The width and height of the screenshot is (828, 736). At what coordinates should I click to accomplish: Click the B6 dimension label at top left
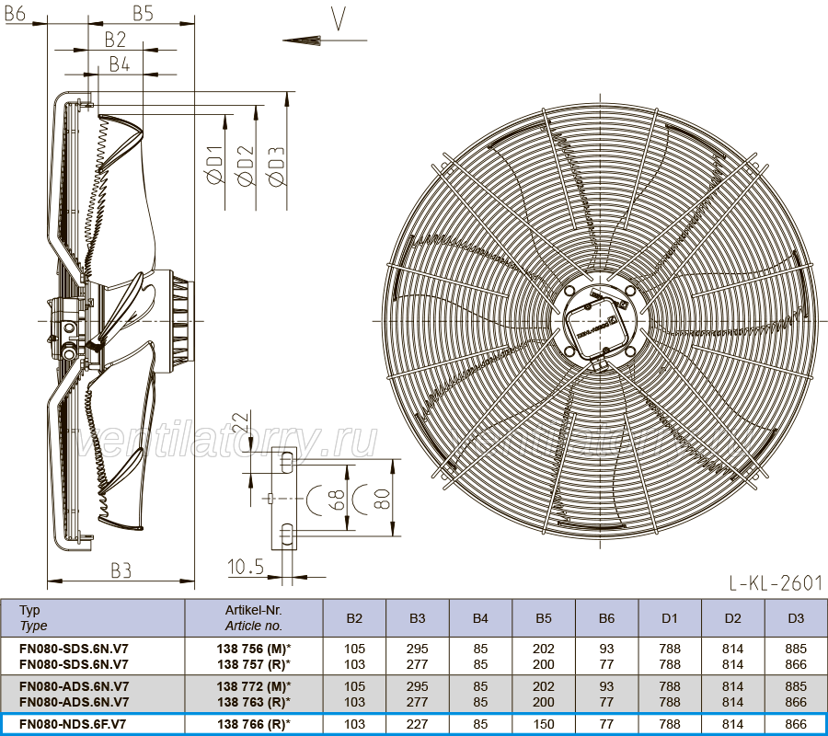pyautogui.click(x=15, y=13)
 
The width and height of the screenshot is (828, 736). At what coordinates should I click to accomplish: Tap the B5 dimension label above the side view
pyautogui.click(x=143, y=13)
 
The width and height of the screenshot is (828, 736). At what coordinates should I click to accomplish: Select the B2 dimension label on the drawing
pyautogui.click(x=115, y=40)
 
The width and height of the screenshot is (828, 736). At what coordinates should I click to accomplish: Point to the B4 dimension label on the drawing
pyautogui.click(x=120, y=63)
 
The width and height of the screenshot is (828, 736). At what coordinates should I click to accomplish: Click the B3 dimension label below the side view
pyautogui.click(x=121, y=570)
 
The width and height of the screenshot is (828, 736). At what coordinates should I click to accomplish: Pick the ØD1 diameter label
pyautogui.click(x=215, y=165)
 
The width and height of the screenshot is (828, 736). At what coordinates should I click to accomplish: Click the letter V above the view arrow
pyautogui.click(x=339, y=19)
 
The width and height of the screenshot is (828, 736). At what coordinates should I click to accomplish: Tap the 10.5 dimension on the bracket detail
pyautogui.click(x=246, y=567)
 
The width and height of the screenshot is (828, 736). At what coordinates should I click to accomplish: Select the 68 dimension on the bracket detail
pyautogui.click(x=336, y=500)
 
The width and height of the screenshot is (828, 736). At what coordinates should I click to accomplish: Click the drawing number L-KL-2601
pyautogui.click(x=776, y=583)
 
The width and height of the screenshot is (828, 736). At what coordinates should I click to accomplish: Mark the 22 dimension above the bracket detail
pyautogui.click(x=241, y=421)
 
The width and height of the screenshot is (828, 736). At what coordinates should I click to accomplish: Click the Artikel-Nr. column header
pyautogui.click(x=254, y=610)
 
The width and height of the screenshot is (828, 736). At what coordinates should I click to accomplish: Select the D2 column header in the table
pyautogui.click(x=733, y=618)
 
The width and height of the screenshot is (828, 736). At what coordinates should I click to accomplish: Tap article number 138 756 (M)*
pyautogui.click(x=254, y=649)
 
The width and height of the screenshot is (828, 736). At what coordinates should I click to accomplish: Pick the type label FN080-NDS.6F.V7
pyautogui.click(x=73, y=724)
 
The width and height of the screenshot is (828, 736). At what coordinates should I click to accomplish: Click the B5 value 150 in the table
pyautogui.click(x=544, y=724)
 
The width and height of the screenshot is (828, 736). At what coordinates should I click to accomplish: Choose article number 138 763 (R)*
pyautogui.click(x=254, y=702)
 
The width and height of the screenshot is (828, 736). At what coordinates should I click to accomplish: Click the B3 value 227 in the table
pyautogui.click(x=417, y=724)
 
